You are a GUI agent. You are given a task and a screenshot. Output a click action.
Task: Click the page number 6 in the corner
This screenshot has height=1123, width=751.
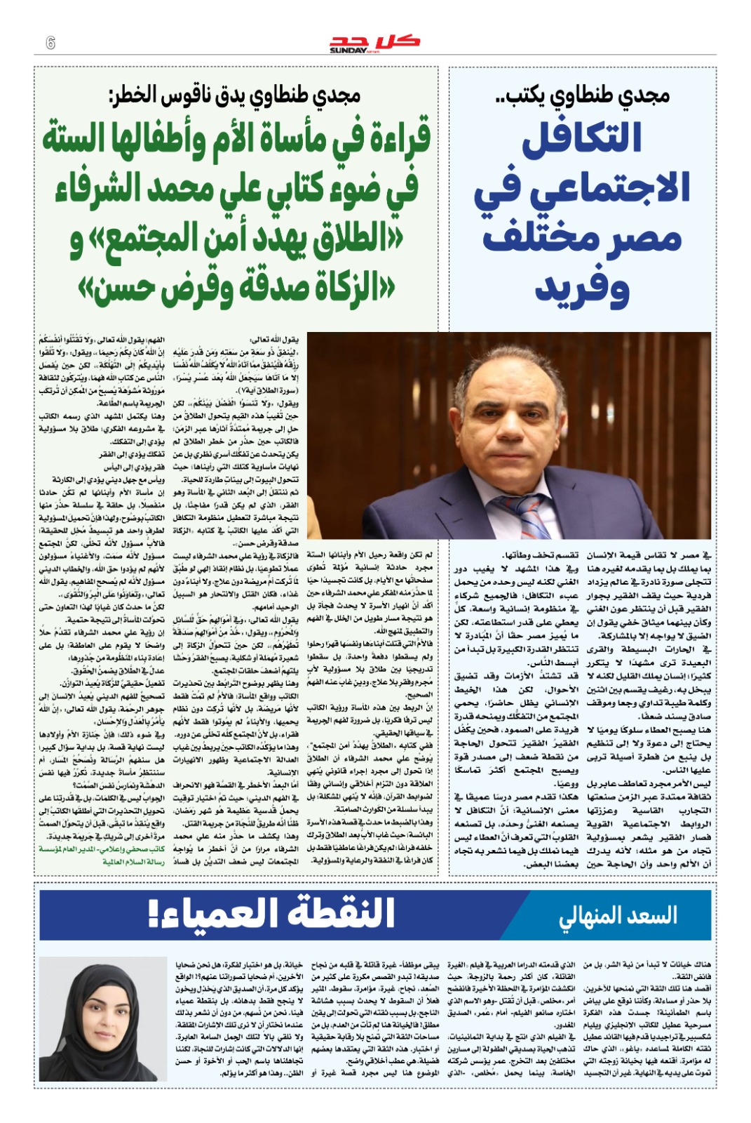(x=50, y=42)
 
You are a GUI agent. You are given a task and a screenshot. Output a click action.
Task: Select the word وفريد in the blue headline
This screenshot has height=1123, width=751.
(x=582, y=288)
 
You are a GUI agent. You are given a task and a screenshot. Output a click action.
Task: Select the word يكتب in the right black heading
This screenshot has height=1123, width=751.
(x=522, y=95)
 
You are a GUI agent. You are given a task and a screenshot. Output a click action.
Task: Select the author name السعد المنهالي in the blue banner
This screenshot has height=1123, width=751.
(x=618, y=915)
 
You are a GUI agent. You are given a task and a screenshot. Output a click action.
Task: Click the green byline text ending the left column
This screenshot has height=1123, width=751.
(x=102, y=855)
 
